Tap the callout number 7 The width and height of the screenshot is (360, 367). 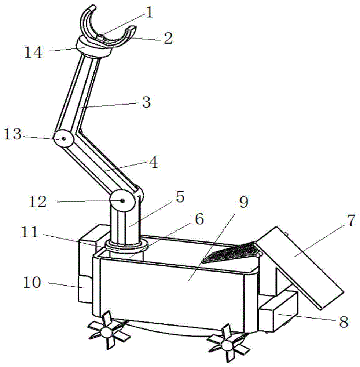[x=350, y=221]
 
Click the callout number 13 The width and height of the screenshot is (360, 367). [x=13, y=134]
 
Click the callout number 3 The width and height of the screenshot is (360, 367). [x=146, y=102]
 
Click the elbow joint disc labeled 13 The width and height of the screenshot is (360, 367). [x=64, y=139]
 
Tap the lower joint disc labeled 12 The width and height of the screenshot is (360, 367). [x=122, y=200]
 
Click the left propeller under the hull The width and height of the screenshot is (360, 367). [x=107, y=331]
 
